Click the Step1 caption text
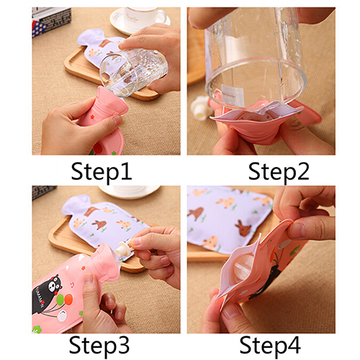point(102,172)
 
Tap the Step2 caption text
point(279,172)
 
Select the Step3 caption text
point(99,346)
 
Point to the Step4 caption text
point(270,346)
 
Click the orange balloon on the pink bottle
point(68,299)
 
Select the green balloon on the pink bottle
point(60,300)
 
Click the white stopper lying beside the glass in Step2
point(200,108)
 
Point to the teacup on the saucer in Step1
point(144,17)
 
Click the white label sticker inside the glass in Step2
point(233,95)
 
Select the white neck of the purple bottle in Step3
point(74,203)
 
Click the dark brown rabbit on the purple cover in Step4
point(243,228)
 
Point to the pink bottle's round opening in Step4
point(243,266)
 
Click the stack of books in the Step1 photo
point(51,21)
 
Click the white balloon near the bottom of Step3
point(62,316)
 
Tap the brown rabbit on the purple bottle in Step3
point(99,224)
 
